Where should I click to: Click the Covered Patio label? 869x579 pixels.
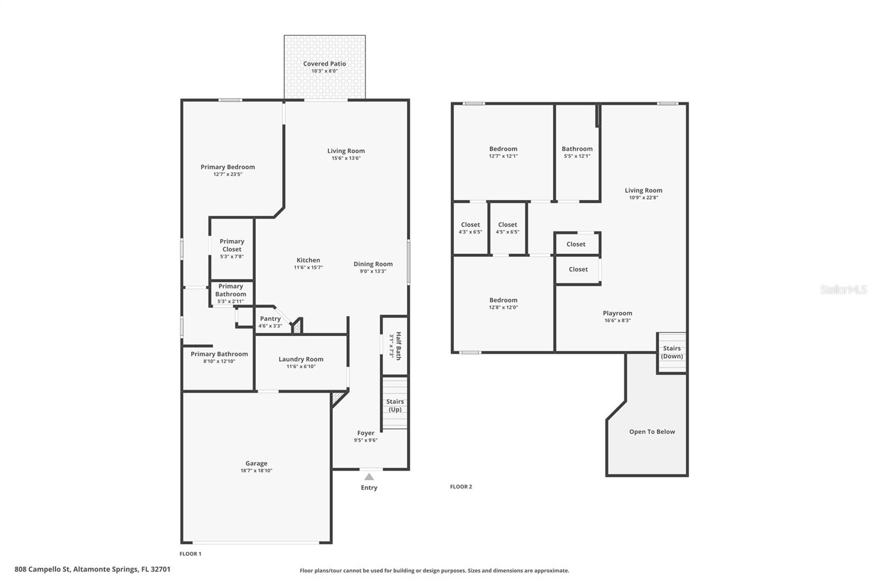coord(324,64)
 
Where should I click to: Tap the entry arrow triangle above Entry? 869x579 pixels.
coord(369,477)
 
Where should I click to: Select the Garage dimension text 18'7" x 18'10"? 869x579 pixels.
coord(256,471)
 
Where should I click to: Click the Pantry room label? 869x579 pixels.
coord(270,319)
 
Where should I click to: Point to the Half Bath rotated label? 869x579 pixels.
coord(398,345)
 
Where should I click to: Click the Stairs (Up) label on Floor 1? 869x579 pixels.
coord(395,405)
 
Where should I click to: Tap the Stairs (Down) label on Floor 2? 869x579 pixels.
coord(672,352)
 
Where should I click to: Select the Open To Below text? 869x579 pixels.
coord(652,432)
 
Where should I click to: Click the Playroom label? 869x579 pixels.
coord(618,313)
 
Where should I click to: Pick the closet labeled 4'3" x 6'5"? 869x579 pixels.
coord(470,228)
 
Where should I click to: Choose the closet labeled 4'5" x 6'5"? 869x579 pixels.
coord(507,228)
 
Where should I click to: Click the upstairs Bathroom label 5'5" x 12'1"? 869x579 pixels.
coord(577,152)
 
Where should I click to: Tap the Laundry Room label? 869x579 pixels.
coord(301,359)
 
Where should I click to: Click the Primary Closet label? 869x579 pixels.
coord(232,245)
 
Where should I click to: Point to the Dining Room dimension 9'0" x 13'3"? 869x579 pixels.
coord(373,271)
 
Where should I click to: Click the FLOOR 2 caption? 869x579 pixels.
coord(461,487)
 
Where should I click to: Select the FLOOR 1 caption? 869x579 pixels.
coord(191,554)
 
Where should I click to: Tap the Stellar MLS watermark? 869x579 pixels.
coord(843,289)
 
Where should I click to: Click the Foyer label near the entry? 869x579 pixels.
coord(366,433)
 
